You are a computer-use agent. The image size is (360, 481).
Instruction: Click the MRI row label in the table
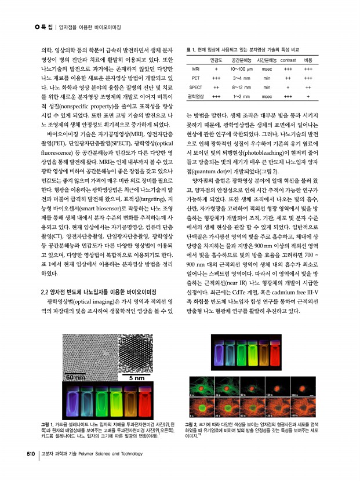point(196,68)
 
